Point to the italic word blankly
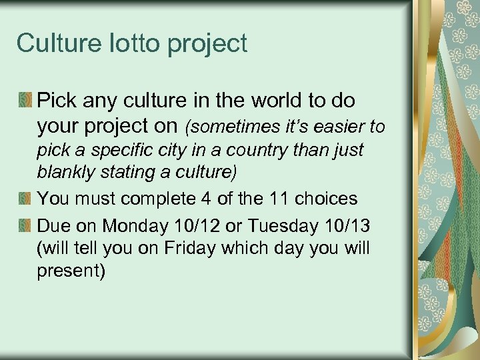point(66,173)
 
